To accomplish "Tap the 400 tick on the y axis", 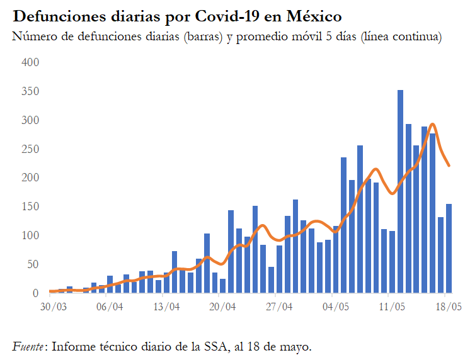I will coord(31,63).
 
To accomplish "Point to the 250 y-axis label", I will coord(31,149).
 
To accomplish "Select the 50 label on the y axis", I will coord(33,264).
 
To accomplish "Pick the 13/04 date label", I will coord(166,308).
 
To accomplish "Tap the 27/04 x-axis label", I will coord(278,308).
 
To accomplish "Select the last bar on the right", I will coord(449,249).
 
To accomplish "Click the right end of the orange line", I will coord(449,166).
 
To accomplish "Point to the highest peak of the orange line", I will coord(432,125).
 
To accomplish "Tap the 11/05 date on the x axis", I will coord(391,308).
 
